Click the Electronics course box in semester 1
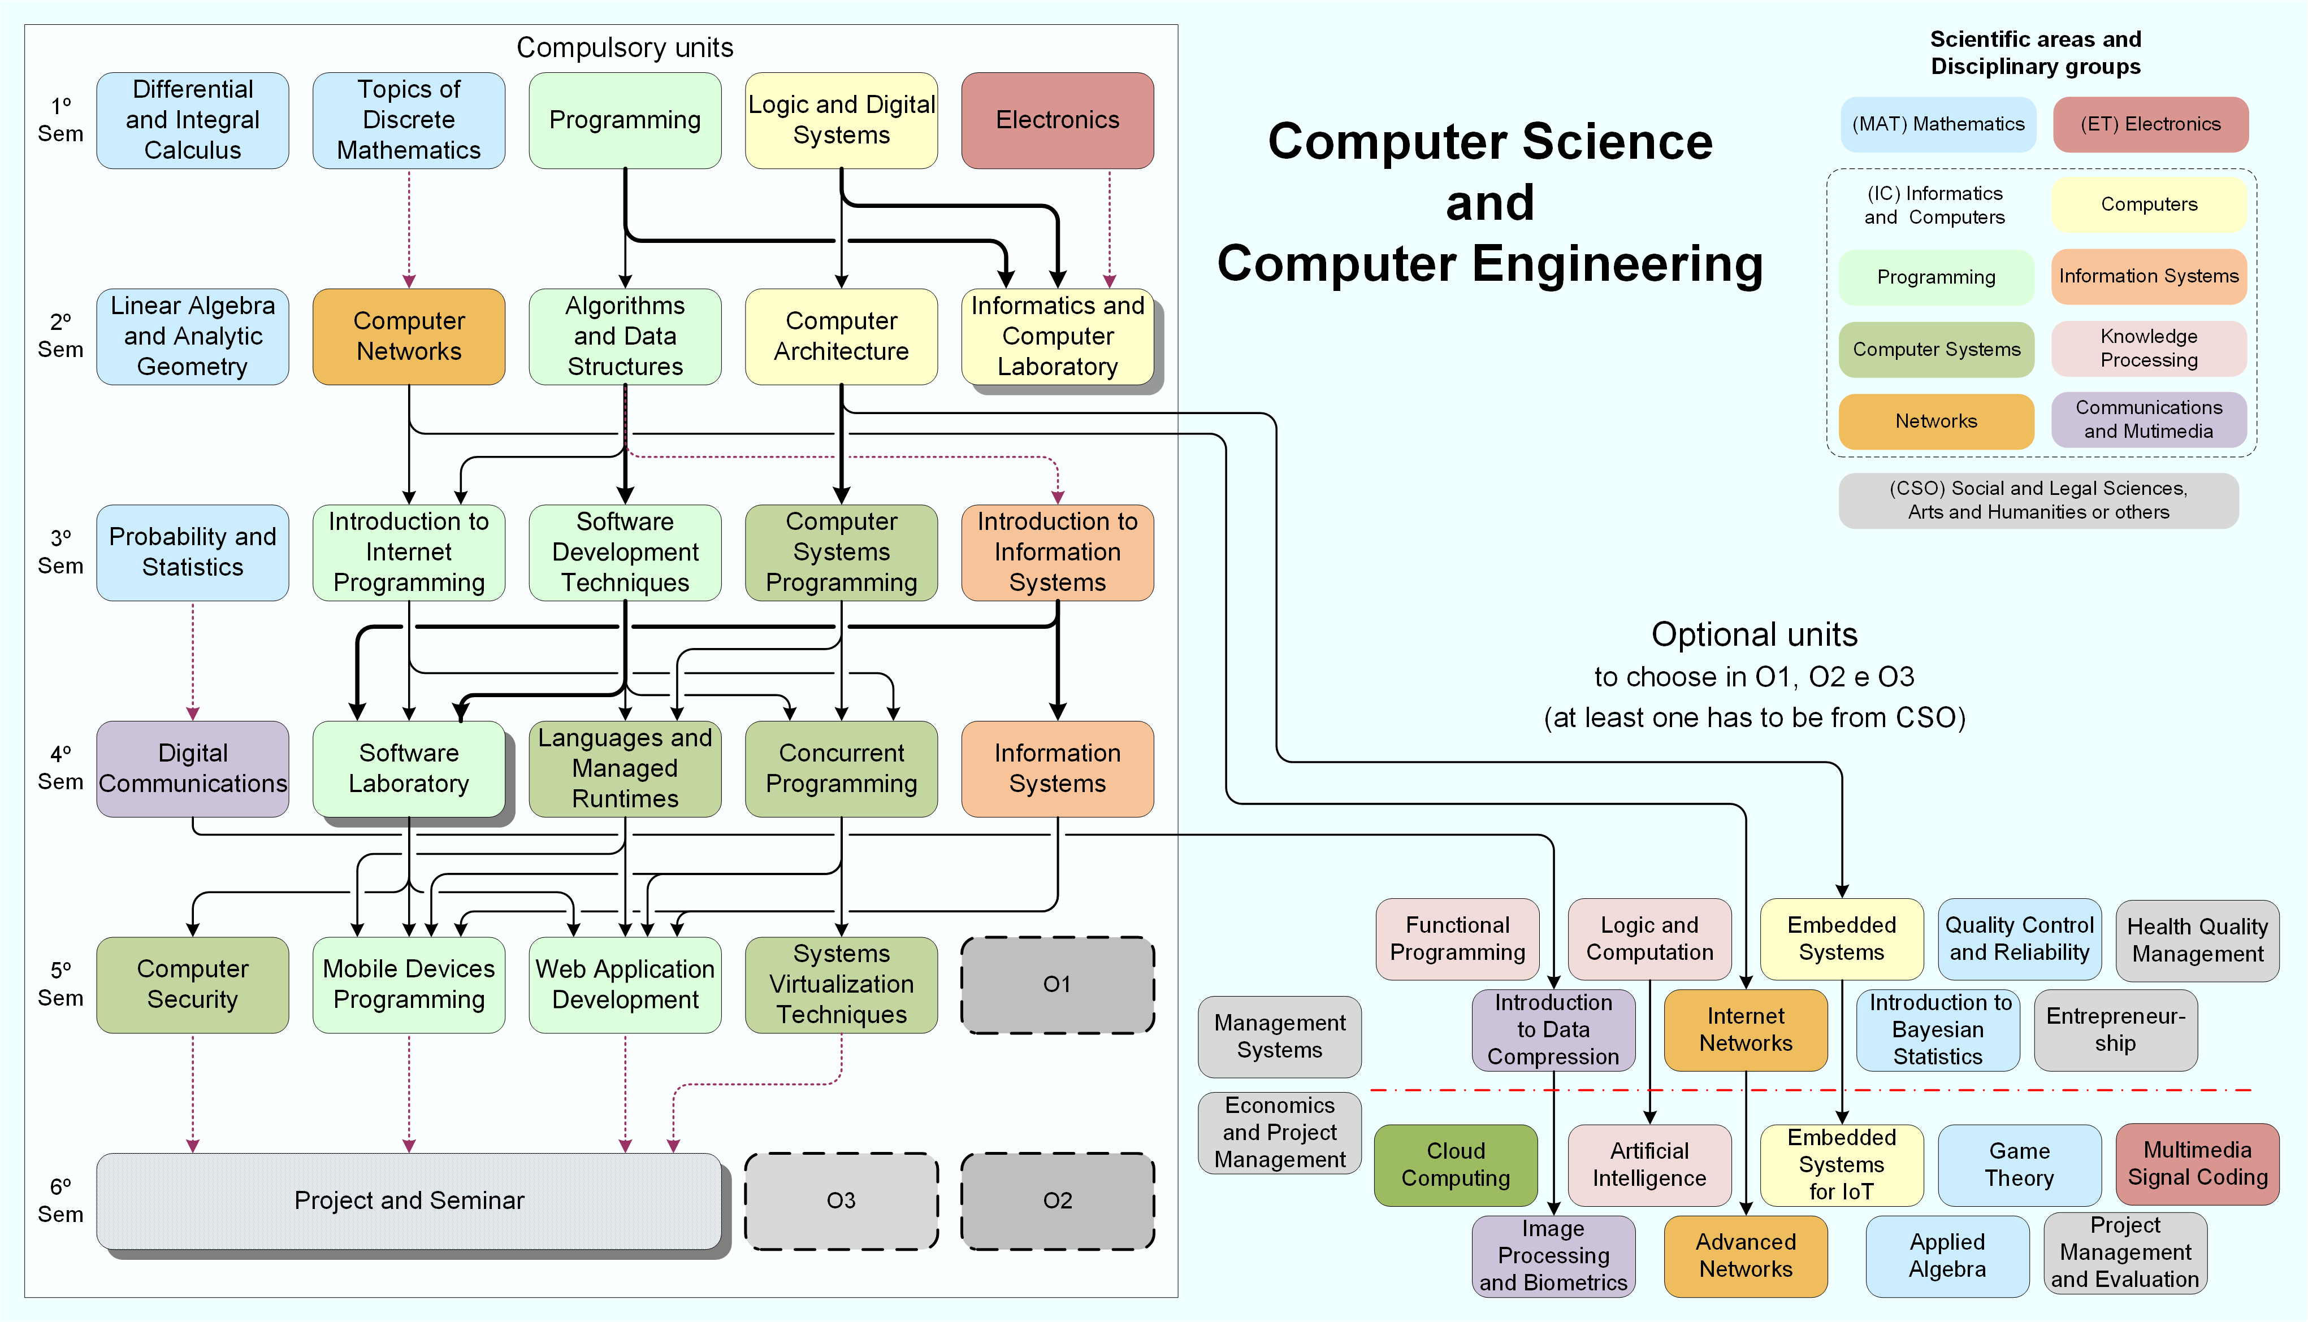pyautogui.click(x=1057, y=120)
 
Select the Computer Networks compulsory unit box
pyautogui.click(x=409, y=336)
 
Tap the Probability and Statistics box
pyautogui.click(x=193, y=552)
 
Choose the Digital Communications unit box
pyautogui.click(x=193, y=768)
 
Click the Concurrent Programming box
pyautogui.click(x=841, y=768)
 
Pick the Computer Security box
pyautogui.click(x=193, y=984)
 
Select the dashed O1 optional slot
pyautogui.click(x=1057, y=984)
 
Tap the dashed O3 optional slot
pyautogui.click(x=841, y=1201)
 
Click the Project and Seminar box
pyautogui.click(x=409, y=1201)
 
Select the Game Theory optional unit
pyautogui.click(x=2019, y=1165)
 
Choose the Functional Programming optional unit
pyautogui.click(x=1457, y=939)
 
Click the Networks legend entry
pyautogui.click(x=1935, y=421)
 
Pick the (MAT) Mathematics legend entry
pyautogui.click(x=1938, y=124)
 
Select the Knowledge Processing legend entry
pyautogui.click(x=2148, y=348)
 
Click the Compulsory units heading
pyautogui.click(x=625, y=47)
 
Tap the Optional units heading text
pyautogui.click(x=1754, y=634)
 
